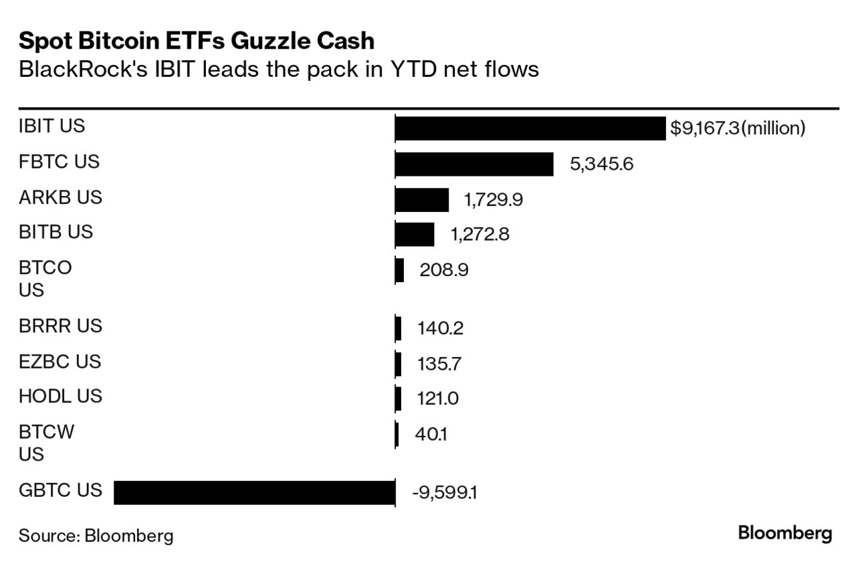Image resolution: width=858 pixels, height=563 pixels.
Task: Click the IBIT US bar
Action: pyautogui.click(x=530, y=128)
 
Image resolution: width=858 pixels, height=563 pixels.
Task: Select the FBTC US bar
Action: pyautogui.click(x=474, y=164)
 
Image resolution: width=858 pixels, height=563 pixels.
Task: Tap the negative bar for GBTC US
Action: pyautogui.click(x=254, y=492)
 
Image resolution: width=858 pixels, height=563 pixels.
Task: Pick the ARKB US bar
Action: pyautogui.click(x=422, y=199)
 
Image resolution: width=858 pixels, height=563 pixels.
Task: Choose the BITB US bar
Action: pyautogui.click(x=415, y=234)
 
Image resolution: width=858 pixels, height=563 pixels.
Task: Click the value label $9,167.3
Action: pyautogui.click(x=704, y=128)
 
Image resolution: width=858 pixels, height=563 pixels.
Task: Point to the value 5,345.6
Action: pyautogui.click(x=601, y=164)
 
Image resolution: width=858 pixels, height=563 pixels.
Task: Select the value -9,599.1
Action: pyautogui.click(x=444, y=493)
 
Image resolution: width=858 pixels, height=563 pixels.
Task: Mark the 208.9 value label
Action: pyautogui.click(x=443, y=270)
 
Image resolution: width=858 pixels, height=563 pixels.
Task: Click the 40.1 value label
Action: pyautogui.click(x=431, y=435)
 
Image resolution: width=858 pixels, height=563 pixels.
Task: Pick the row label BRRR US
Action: pyautogui.click(x=60, y=326)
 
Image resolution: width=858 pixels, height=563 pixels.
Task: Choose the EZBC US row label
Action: pyautogui.click(x=60, y=362)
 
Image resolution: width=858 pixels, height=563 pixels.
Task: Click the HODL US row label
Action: pyautogui.click(x=60, y=397)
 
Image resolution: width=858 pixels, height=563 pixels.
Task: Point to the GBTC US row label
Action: pyautogui.click(x=60, y=490)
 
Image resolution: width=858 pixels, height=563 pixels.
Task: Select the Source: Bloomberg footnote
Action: pyautogui.click(x=96, y=536)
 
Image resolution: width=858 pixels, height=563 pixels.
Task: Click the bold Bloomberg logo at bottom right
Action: pyautogui.click(x=785, y=534)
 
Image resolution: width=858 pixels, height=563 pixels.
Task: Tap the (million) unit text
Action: pyautogui.click(x=773, y=128)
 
